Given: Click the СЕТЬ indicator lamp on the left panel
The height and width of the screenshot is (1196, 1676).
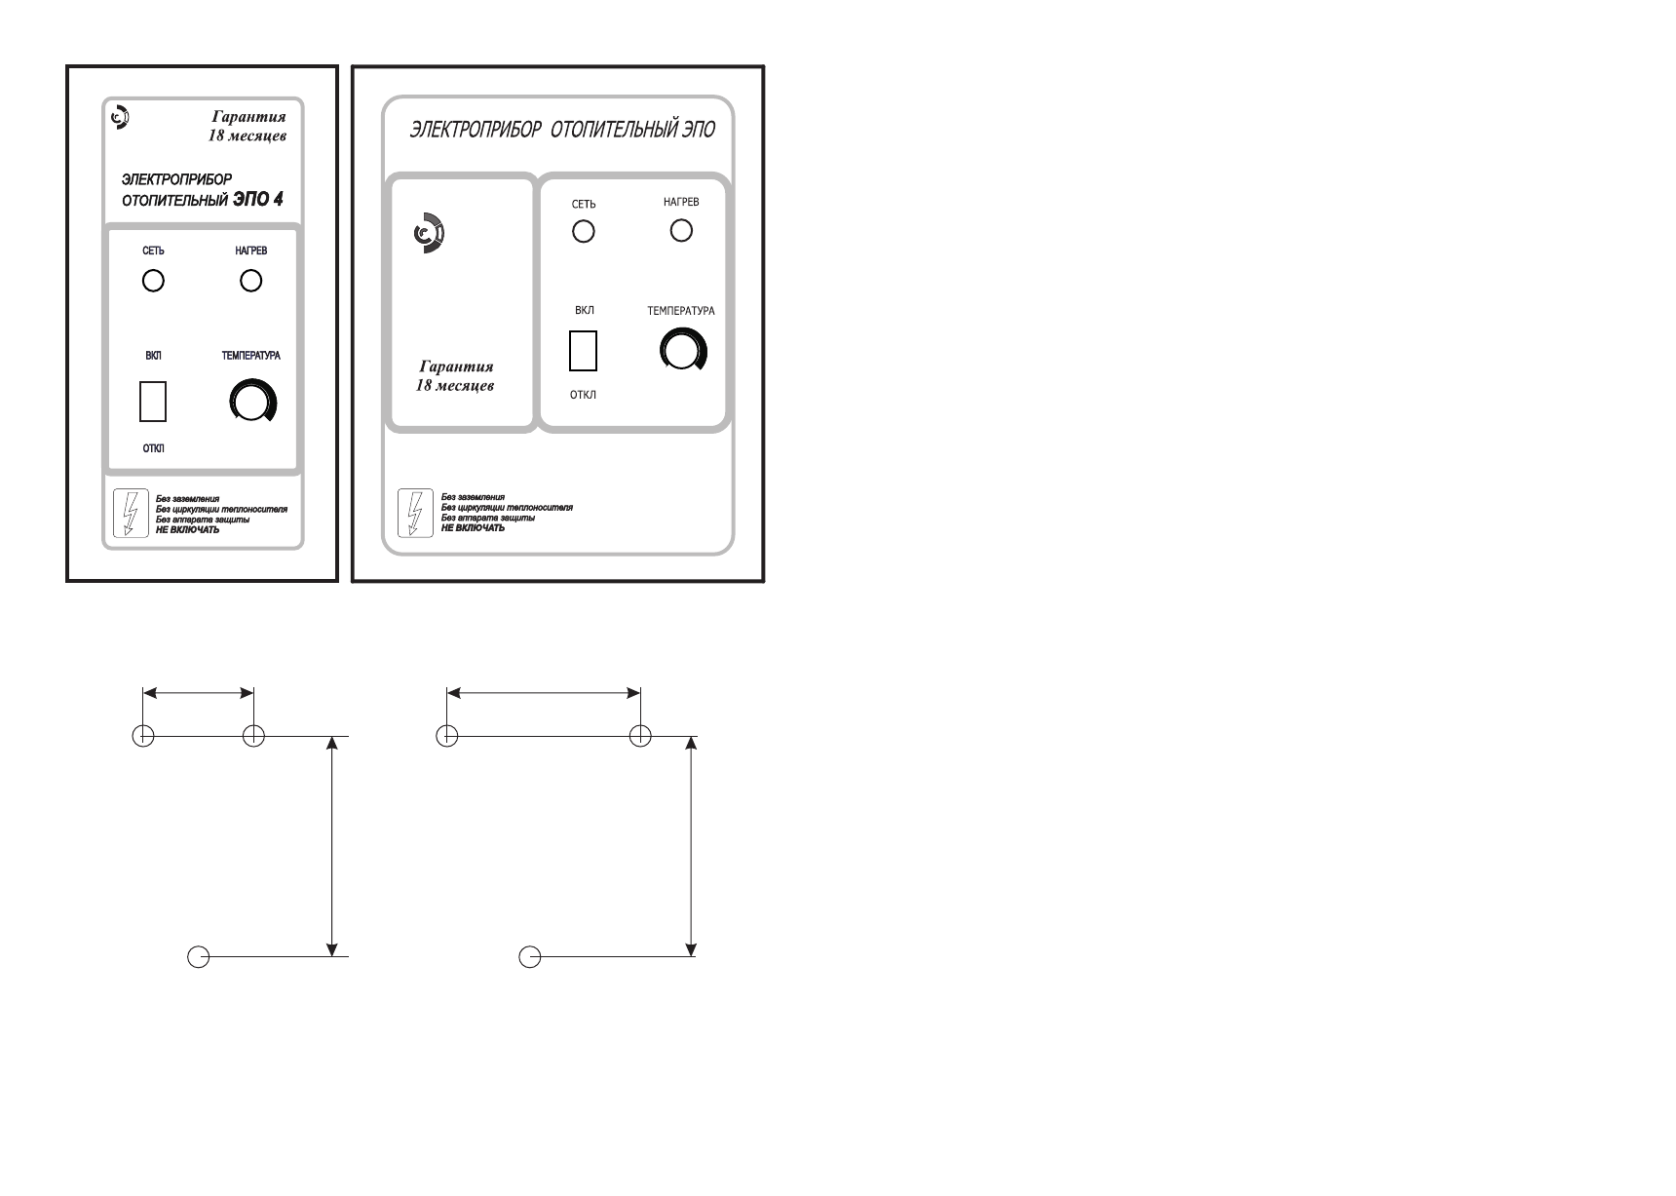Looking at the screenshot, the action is tap(153, 281).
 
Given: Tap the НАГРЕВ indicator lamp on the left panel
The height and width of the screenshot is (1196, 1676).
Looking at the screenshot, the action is tap(251, 281).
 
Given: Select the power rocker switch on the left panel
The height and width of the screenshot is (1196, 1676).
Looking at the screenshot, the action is tap(153, 402).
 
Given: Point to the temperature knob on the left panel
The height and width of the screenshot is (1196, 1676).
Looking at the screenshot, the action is tap(252, 401).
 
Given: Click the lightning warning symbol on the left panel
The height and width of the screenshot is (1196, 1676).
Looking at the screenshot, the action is tap(128, 513).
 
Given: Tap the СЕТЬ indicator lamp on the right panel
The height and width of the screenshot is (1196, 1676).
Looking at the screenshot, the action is tap(584, 231).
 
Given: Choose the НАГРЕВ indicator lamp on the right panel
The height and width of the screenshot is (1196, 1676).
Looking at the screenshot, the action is tap(681, 230).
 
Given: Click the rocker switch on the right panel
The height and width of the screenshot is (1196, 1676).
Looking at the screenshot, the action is tap(583, 351).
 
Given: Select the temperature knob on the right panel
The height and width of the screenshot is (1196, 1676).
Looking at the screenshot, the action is tap(683, 350).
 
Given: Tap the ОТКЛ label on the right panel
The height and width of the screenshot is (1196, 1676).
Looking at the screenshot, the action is tap(583, 396).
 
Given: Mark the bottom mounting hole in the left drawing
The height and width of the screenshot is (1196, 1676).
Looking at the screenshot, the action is tap(198, 957).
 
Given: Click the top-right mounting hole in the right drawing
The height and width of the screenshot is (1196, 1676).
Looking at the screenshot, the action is tap(640, 736).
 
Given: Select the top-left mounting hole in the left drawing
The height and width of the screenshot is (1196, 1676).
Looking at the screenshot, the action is tap(143, 736).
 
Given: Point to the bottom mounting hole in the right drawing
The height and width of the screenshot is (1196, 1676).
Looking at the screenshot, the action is tap(529, 957).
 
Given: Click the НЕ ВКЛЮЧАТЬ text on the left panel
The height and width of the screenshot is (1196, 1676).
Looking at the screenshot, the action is tap(187, 530).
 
